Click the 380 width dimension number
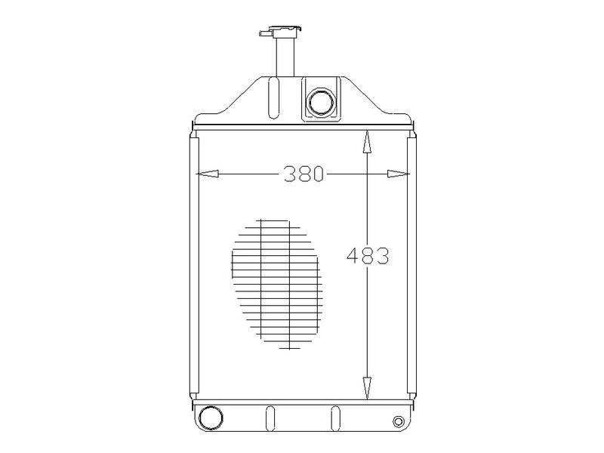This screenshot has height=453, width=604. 304,174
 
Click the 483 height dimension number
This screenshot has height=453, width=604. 368,256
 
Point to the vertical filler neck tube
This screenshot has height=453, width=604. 285,57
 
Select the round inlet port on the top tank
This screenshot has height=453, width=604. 321,101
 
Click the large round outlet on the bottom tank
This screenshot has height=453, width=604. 211,418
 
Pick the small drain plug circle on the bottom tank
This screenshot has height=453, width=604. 399,421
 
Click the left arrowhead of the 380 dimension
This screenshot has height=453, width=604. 207,174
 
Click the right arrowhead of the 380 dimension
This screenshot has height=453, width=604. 399,174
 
